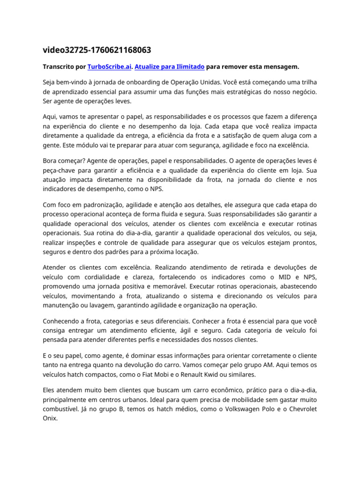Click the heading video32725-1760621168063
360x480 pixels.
pos(97,50)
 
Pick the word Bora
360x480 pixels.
pos(51,159)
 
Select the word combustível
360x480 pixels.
pos(63,409)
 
